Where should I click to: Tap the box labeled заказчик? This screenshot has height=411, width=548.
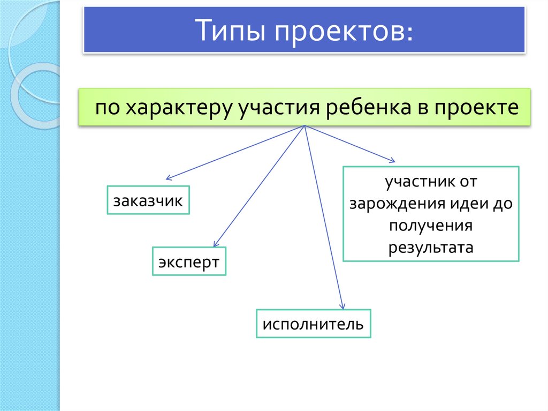click(148, 200)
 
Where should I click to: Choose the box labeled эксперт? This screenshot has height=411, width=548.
click(189, 261)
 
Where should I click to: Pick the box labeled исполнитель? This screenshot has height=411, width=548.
click(313, 324)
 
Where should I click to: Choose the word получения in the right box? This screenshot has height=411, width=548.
click(431, 226)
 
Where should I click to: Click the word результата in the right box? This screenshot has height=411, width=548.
click(431, 248)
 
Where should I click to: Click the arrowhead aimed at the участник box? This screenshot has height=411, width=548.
click(393, 160)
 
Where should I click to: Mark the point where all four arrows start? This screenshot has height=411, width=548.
click(305, 126)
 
